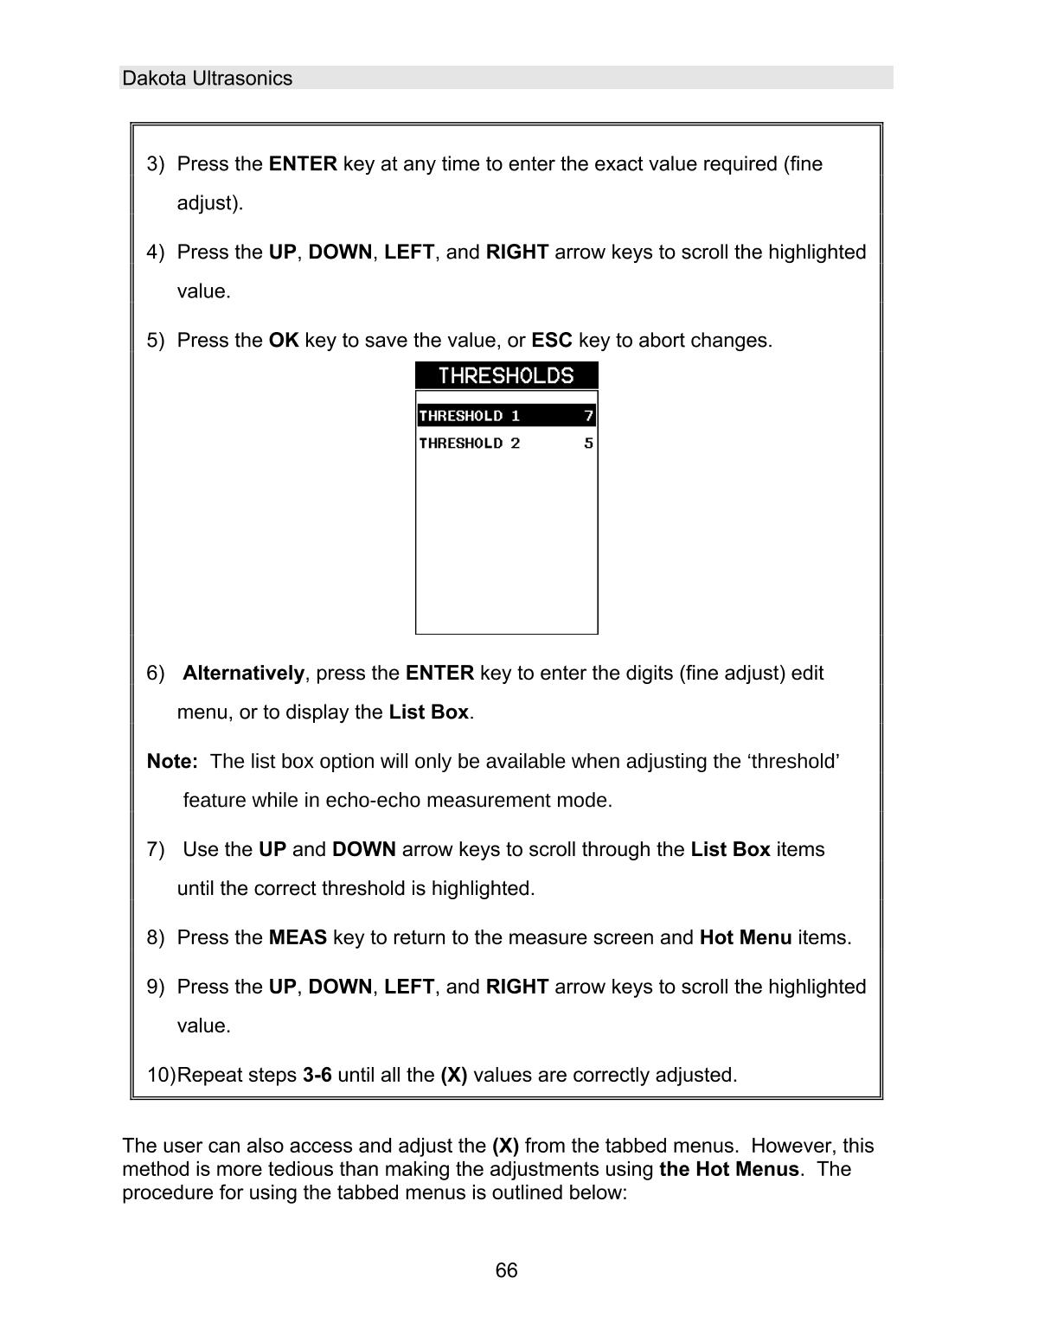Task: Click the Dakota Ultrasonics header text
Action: pos(207,79)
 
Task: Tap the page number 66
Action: pos(506,1270)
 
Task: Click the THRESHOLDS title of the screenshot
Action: pos(506,376)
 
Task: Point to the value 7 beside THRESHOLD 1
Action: pos(588,416)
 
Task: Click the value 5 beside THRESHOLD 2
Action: pos(588,444)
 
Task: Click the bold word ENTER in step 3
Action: pos(303,164)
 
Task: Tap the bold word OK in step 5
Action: pos(284,341)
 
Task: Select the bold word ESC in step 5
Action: pos(552,341)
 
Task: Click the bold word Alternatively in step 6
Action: pos(243,674)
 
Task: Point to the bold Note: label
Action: pos(172,762)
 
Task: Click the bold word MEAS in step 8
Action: pos(298,938)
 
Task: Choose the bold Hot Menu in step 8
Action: pos(745,938)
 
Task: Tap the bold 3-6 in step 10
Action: pos(317,1076)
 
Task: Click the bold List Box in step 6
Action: pos(428,713)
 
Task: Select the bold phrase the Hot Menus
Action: pos(728,1170)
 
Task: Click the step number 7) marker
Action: pos(156,850)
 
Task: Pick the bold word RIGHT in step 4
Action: pos(517,252)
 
